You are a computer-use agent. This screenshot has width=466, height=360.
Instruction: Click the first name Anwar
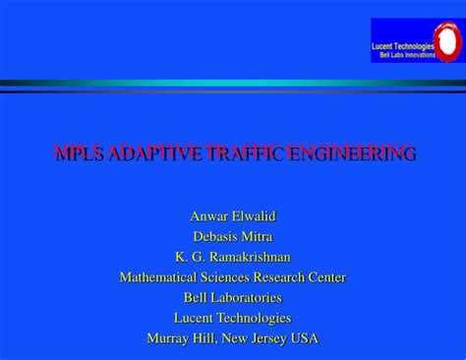(x=209, y=215)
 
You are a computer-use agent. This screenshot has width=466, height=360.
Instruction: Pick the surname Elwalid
(x=253, y=215)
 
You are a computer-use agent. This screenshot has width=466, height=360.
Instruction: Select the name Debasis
(x=213, y=236)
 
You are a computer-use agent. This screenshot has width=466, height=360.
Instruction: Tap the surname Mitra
(x=258, y=236)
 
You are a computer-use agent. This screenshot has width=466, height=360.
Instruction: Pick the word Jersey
(x=270, y=337)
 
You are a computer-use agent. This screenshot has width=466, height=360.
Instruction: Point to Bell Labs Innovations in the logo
(x=405, y=55)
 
